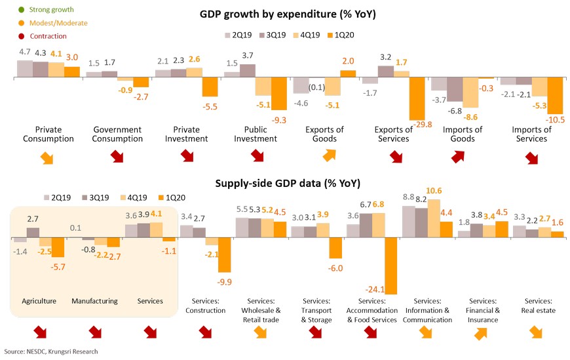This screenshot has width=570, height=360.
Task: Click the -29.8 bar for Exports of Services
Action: (x=417, y=99)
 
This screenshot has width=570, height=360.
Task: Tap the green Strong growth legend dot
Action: (x=21, y=10)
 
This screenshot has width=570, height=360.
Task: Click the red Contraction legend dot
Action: (x=21, y=35)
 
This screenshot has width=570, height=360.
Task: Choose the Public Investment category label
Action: (x=256, y=134)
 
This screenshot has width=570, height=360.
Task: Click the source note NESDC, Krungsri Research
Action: (x=51, y=352)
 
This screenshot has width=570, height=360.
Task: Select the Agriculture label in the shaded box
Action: (x=39, y=301)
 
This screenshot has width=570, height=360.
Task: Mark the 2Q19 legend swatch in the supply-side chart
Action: (x=48, y=197)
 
